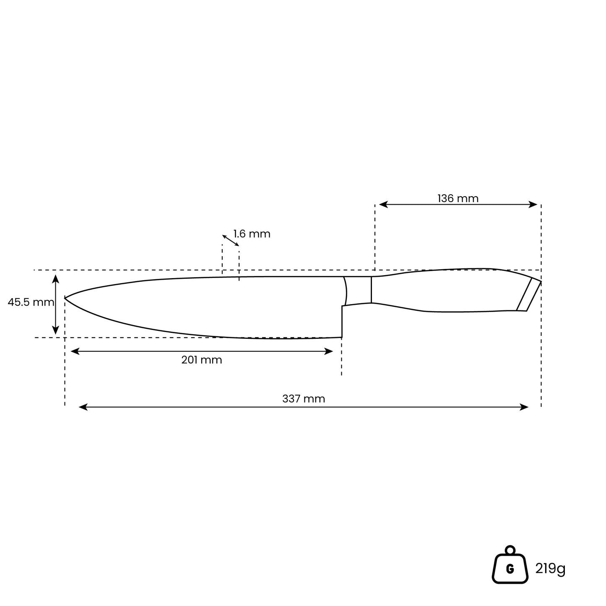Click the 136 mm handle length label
pos(458,198)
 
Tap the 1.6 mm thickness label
pos(252,234)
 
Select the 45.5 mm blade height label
pos(31,302)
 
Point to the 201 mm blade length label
pos(201,360)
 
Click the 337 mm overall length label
pos(303,399)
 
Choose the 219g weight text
pos(550,569)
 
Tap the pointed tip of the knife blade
pos(65,297)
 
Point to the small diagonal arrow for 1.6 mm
pos(231,240)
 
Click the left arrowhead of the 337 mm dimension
pos(83,407)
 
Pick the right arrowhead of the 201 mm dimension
pos(329,351)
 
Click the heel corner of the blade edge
pos(341,337)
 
